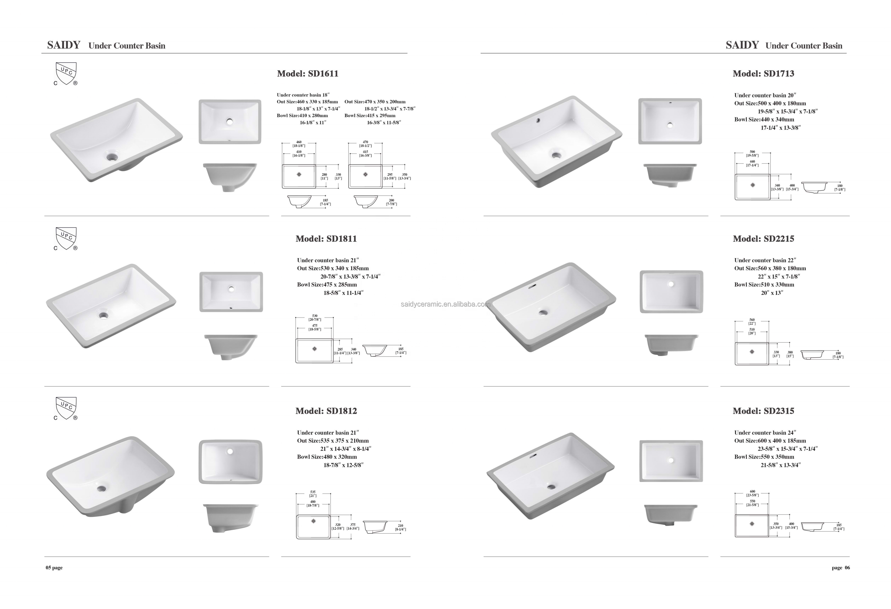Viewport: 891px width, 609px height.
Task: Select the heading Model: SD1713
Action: pyautogui.click(x=763, y=74)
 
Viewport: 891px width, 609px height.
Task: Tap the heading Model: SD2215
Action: pyautogui.click(x=763, y=239)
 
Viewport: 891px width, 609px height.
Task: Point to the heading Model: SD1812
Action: pyautogui.click(x=326, y=411)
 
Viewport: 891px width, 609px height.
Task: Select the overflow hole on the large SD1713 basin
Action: pyautogui.click(x=538, y=120)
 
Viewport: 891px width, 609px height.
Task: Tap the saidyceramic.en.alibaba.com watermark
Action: pyautogui.click(x=445, y=304)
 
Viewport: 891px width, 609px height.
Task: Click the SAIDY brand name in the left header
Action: pyautogui.click(x=64, y=45)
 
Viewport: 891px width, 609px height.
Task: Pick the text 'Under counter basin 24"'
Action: pyautogui.click(x=765, y=433)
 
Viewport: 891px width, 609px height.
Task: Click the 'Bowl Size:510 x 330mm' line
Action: pyautogui.click(x=764, y=285)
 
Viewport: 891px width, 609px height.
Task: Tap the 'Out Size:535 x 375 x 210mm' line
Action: pyautogui.click(x=333, y=441)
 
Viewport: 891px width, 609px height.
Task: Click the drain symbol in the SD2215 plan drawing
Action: pyautogui.click(x=752, y=352)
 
